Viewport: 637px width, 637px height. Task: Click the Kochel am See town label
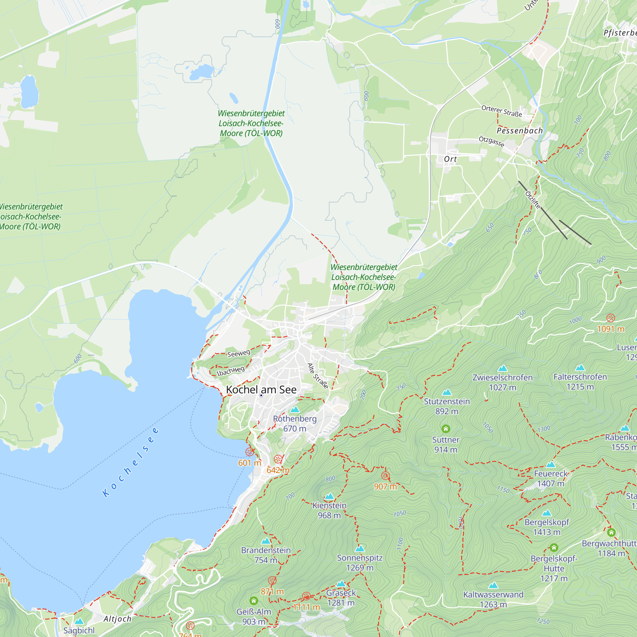pos(261,390)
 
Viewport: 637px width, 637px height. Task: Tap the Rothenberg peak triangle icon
pos(294,410)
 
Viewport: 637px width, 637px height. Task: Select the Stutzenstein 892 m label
pos(447,406)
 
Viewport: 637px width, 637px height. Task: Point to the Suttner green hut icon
pos(446,429)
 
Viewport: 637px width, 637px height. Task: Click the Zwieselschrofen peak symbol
pos(503,368)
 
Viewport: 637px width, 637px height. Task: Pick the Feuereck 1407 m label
pos(551,478)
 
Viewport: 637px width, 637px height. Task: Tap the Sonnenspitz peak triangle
pos(360,549)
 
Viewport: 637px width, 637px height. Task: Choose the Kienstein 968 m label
pos(329,510)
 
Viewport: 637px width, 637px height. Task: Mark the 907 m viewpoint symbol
pos(385,476)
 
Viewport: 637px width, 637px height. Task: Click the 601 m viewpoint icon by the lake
pos(250,452)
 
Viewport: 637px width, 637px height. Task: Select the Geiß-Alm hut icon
pos(254,600)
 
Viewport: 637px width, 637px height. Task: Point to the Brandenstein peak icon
pos(266,541)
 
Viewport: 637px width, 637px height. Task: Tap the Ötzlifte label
pos(533,200)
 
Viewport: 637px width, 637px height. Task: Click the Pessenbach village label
pos(519,131)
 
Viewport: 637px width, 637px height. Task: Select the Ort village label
pos(450,159)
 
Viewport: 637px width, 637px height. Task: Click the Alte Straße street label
pos(318,376)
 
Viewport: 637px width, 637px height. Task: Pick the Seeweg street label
pos(239,354)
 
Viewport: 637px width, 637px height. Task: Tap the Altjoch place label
pos(118,619)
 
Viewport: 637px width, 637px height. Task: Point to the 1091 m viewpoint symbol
pos(611,318)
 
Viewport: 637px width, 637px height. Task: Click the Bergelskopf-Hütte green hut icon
pos(554,548)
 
